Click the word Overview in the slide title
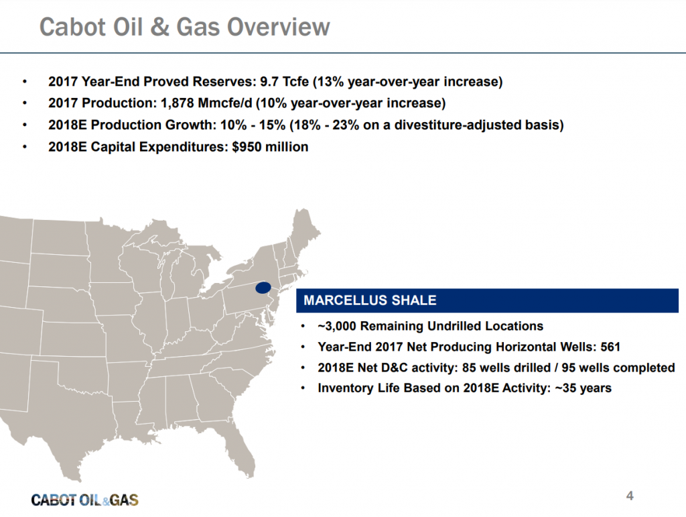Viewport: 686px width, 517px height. pyautogui.click(x=278, y=27)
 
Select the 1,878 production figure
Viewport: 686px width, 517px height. pyautogui.click(x=177, y=103)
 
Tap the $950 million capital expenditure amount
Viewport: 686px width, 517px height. pyautogui.click(x=270, y=147)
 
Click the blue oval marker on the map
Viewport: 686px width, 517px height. pyautogui.click(x=263, y=288)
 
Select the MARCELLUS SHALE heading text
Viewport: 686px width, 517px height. pyautogui.click(x=370, y=300)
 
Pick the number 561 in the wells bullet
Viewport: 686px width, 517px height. pyautogui.click(x=610, y=347)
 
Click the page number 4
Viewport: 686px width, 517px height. pyautogui.click(x=630, y=496)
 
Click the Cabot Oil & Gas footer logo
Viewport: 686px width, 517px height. pyautogui.click(x=85, y=500)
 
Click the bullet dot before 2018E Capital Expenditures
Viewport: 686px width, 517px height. pyautogui.click(x=25, y=147)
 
